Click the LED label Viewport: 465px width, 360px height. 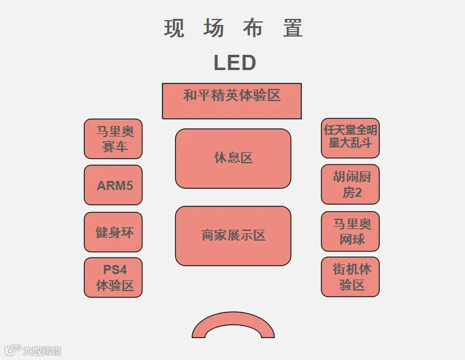pyautogui.click(x=234, y=63)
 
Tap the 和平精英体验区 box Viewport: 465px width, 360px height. pyautogui.click(x=232, y=101)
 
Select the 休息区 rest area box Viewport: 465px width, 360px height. pyautogui.click(x=233, y=158)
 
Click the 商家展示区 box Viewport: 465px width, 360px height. pyautogui.click(x=233, y=236)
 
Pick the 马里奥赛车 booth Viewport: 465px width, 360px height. pyautogui.click(x=113, y=139)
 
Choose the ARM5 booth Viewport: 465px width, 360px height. pyautogui.click(x=113, y=185)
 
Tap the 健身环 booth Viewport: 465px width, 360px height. pyautogui.click(x=113, y=232)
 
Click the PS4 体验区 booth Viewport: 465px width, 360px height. pyautogui.click(x=113, y=278)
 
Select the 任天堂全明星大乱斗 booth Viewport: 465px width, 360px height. pyautogui.click(x=350, y=138)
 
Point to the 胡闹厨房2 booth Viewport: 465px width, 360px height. pyautogui.click(x=350, y=185)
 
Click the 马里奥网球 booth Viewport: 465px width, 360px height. pyautogui.click(x=350, y=231)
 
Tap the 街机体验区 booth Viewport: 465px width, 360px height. pyautogui.click(x=350, y=277)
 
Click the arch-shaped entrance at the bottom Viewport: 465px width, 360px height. pyautogui.click(x=233, y=318)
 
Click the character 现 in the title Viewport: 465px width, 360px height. pyautogui.click(x=174, y=28)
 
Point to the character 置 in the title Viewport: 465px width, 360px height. pyautogui.click(x=293, y=28)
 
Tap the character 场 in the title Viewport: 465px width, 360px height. pyautogui.click(x=214, y=28)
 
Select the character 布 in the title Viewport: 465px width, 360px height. pyautogui.click(x=253, y=28)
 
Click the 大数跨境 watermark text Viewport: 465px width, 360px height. pyautogui.click(x=42, y=351)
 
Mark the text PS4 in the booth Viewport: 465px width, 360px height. pyautogui.click(x=115, y=270)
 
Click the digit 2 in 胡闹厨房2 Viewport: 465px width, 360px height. pyautogui.click(x=358, y=193)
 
